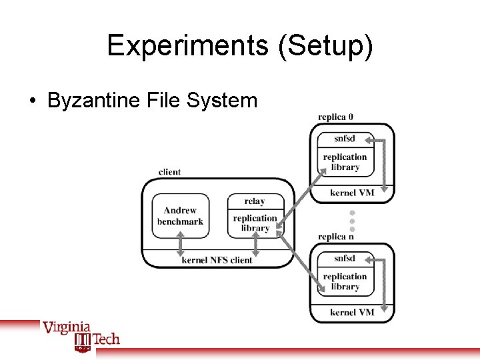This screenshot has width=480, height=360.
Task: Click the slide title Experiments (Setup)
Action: (x=240, y=45)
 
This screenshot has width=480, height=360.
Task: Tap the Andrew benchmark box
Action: (x=180, y=216)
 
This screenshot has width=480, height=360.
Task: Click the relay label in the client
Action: (x=255, y=201)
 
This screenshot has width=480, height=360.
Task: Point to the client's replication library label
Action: (x=255, y=223)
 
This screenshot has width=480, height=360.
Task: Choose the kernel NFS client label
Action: (x=217, y=260)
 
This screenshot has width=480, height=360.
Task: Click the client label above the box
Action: (x=169, y=172)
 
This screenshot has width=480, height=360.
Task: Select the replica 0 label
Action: (x=336, y=117)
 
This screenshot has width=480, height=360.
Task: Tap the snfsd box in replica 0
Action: (x=345, y=139)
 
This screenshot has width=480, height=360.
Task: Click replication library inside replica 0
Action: (x=345, y=162)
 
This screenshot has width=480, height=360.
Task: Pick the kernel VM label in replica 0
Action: (x=352, y=193)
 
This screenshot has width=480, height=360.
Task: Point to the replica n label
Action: (x=336, y=237)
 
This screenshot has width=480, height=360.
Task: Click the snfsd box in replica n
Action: (x=345, y=258)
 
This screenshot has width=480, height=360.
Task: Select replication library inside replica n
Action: (x=345, y=281)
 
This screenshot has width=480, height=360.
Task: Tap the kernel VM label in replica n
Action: (x=352, y=312)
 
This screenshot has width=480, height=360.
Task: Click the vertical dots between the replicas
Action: (x=353, y=220)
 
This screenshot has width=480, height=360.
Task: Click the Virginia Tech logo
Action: (x=81, y=335)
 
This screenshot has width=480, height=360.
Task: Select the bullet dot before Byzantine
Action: (x=31, y=101)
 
